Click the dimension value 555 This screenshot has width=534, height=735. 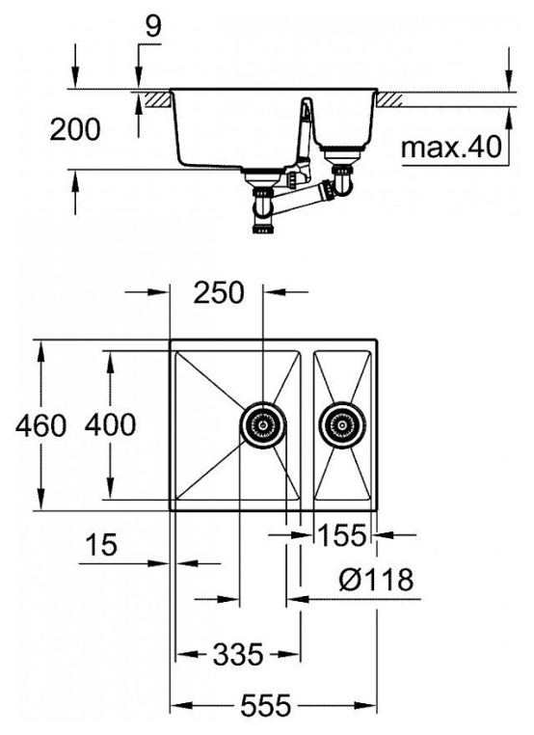(266, 704)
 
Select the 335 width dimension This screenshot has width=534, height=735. (238, 654)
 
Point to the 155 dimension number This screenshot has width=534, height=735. (342, 534)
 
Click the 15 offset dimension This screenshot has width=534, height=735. (101, 545)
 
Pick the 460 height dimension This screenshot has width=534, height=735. (40, 425)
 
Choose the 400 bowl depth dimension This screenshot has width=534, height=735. (111, 424)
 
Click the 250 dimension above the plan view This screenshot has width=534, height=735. (219, 292)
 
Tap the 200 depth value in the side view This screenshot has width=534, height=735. (75, 129)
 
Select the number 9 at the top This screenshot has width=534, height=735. (152, 26)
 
